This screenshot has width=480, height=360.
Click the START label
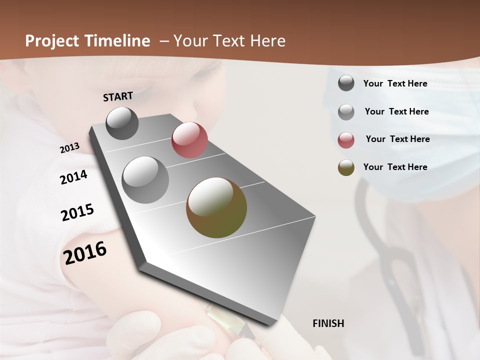point(118,96)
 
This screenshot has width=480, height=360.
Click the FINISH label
point(328,323)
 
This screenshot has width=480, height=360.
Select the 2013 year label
point(69,148)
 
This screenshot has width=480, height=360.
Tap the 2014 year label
point(73,177)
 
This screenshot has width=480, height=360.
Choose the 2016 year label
point(85,252)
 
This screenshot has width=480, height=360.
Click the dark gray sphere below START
point(122,123)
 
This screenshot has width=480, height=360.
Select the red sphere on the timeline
point(189,140)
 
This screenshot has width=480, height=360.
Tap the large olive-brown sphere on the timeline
point(216,207)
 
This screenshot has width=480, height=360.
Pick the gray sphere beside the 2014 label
point(145,180)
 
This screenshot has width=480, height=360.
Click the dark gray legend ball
point(346,83)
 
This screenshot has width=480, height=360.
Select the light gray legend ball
point(346,111)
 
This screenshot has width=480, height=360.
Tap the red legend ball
point(346,139)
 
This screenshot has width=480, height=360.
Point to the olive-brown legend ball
point(346,167)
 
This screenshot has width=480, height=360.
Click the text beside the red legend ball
point(397,139)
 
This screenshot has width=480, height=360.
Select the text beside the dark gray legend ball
point(395,83)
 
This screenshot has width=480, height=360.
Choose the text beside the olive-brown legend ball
point(395,167)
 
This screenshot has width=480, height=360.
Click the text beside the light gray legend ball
point(396,111)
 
